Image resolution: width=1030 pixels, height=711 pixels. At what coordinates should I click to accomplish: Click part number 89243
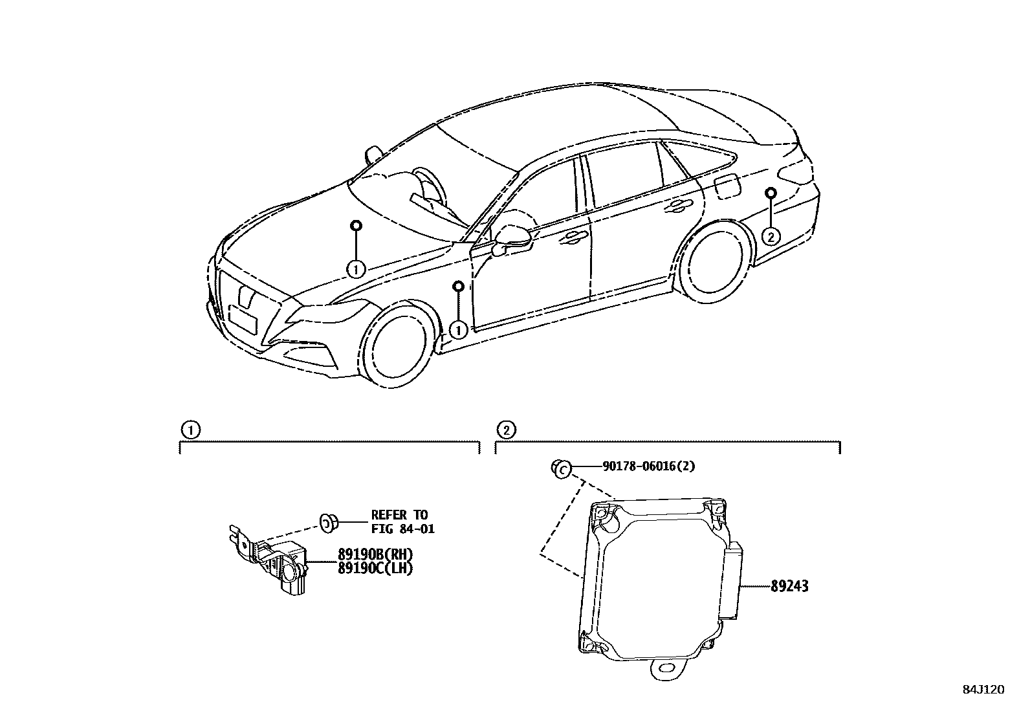pyautogui.click(x=789, y=587)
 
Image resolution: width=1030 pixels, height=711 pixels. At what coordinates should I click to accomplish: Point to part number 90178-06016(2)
pyautogui.click(x=648, y=466)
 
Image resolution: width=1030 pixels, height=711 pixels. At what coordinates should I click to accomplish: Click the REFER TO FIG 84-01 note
pyautogui.click(x=402, y=522)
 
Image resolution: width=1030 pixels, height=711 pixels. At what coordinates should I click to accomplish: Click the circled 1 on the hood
pyautogui.click(x=356, y=268)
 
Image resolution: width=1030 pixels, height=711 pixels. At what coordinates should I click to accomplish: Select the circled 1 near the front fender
pyautogui.click(x=458, y=330)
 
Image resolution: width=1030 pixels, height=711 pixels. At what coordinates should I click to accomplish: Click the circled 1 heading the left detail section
pyautogui.click(x=189, y=430)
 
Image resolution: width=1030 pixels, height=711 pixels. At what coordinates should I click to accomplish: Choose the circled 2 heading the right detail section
pyautogui.click(x=505, y=430)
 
